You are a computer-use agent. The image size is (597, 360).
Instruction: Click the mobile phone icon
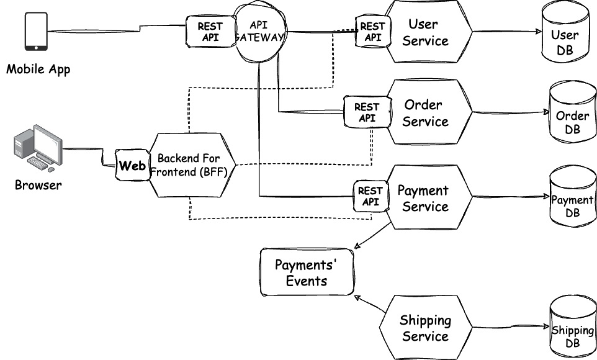(x=36, y=32)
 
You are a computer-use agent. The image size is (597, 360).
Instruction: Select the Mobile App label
(x=38, y=69)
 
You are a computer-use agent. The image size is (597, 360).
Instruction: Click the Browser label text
(x=38, y=185)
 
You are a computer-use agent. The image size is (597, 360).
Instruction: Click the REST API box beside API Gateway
(x=210, y=32)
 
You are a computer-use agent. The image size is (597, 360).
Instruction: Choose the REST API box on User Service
(x=372, y=32)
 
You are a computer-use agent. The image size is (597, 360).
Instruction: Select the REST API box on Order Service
(x=366, y=112)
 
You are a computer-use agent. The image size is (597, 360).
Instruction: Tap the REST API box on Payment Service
(x=370, y=196)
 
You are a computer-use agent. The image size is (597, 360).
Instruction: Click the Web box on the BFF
(x=132, y=166)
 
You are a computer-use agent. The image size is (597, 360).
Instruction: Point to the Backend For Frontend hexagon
(x=189, y=166)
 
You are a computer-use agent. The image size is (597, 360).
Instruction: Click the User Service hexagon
(x=428, y=32)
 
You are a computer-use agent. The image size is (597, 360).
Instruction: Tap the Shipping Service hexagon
(x=425, y=328)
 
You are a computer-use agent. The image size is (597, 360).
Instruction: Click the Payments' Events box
(x=307, y=272)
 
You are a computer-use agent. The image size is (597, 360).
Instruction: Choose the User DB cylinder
(x=564, y=35)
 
